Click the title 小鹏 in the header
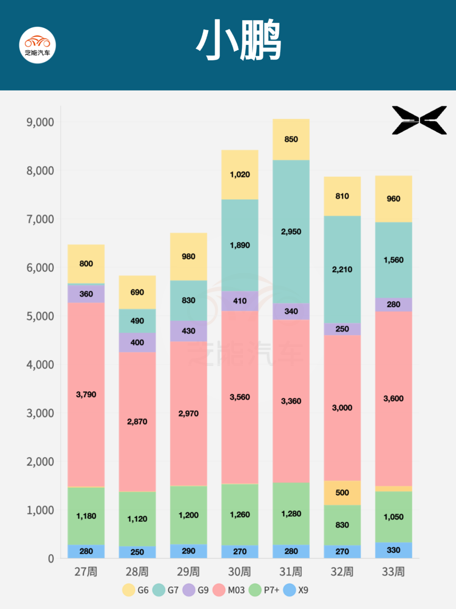coord(239,40)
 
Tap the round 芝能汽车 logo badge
coord(38,45)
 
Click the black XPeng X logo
coord(419,121)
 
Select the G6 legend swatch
coord(129,590)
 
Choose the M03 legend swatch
coord(219,590)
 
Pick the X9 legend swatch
coord(290,590)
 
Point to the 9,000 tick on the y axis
coord(41,122)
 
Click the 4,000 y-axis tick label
coord(41,365)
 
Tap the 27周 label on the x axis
coord(86,572)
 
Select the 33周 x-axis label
coord(393,572)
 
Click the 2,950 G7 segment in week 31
coord(291,232)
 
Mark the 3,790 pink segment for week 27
coord(86,394)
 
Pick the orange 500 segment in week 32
coord(342,493)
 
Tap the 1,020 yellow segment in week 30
coord(240,175)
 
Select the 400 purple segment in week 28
coord(137,343)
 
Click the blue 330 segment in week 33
coord(393,550)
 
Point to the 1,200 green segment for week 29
coord(188,515)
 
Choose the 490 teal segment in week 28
coord(137,321)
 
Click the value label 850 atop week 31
coord(291,139)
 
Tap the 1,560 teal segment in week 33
coord(393,260)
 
